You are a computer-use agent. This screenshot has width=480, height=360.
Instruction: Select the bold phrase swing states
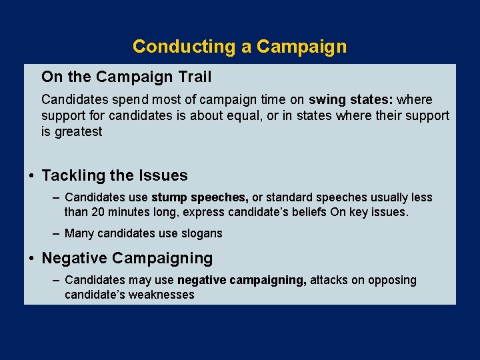pos(351,100)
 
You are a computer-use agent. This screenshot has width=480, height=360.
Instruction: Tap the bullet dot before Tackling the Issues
pos(31,176)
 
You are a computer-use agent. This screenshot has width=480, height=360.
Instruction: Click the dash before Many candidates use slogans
pos(57,233)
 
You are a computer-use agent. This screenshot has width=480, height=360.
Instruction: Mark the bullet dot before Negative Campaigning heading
pos(31,258)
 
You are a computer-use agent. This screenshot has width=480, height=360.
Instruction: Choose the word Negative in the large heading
pos(75,258)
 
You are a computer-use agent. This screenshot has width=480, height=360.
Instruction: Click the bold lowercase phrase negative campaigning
pos(242,280)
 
